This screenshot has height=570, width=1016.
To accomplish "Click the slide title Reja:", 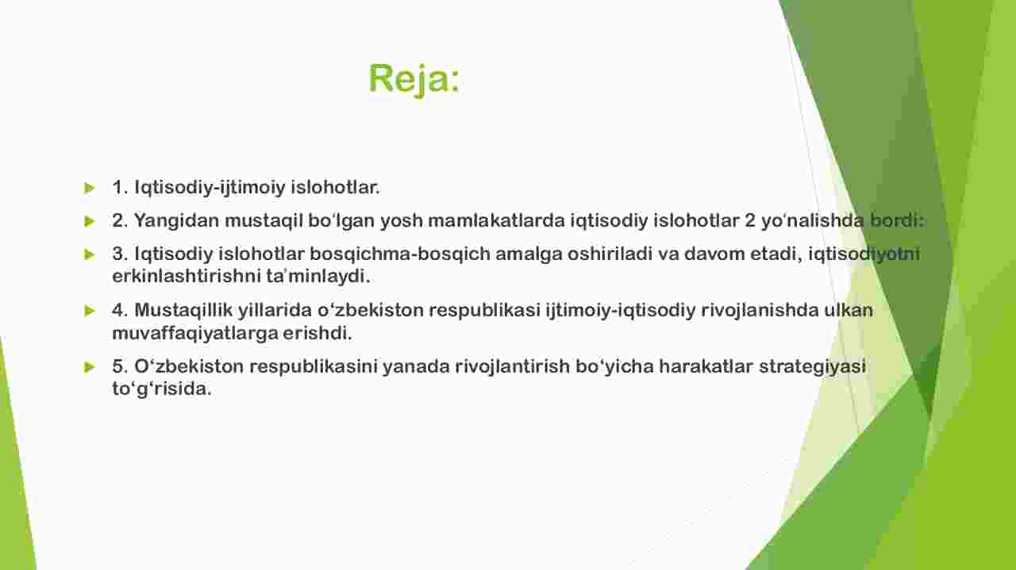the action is click(414, 78).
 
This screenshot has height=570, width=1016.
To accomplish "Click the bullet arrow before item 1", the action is click(90, 188).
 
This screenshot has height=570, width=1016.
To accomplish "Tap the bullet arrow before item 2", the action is click(90, 221).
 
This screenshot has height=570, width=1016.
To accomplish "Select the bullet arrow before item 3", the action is click(90, 254).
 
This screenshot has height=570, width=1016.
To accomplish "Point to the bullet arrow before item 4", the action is click(90, 311).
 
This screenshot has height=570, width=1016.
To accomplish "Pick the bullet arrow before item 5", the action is click(90, 367).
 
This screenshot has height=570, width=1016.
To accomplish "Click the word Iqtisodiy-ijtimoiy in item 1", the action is click(210, 188).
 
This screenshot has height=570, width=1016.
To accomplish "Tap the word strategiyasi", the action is click(812, 366).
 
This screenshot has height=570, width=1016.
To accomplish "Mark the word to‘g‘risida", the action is click(161, 389).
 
